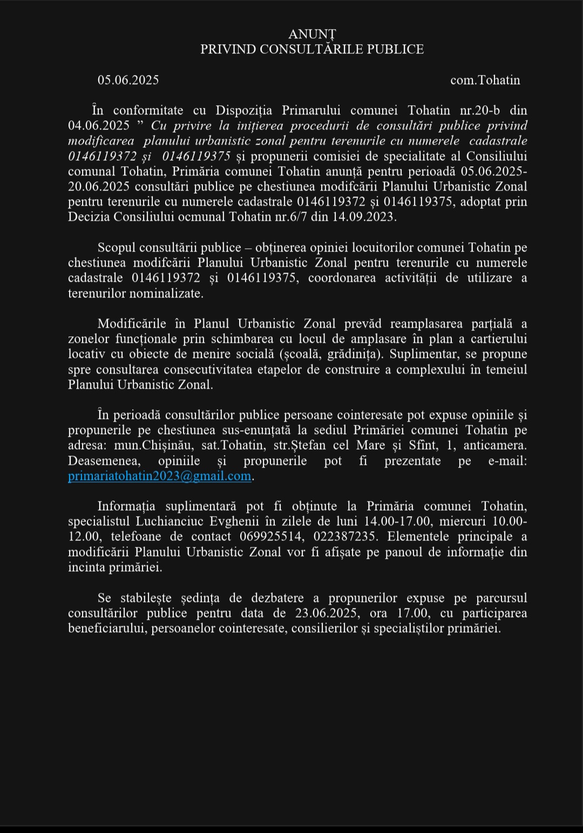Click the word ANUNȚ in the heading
[312, 35]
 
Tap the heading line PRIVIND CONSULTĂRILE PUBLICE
[312, 50]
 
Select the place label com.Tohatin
[485, 80]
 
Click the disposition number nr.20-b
[479, 111]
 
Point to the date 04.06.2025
[99, 126]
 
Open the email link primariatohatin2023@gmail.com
[160, 476]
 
